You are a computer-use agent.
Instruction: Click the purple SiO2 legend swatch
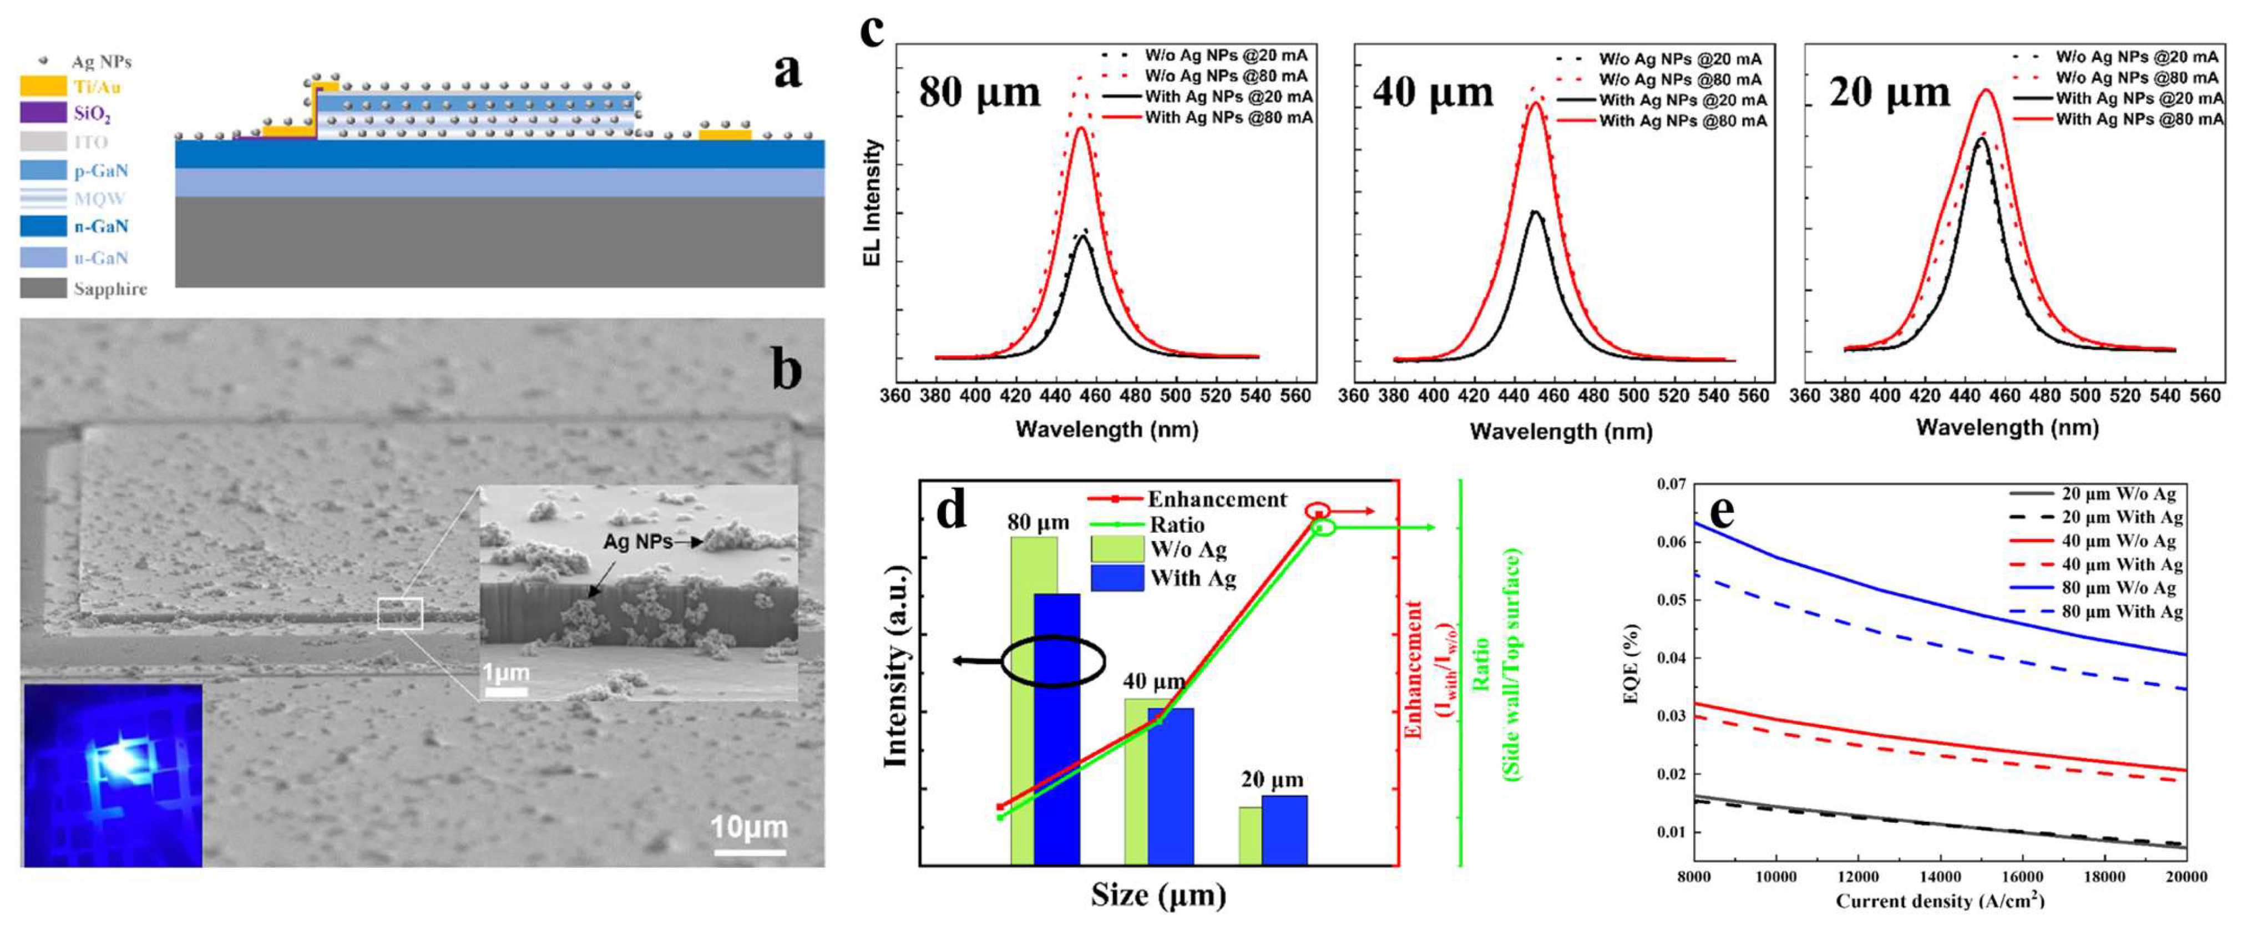pos(43,113)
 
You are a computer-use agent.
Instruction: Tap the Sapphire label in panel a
pos(110,289)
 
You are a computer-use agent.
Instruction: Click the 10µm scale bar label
pos(748,827)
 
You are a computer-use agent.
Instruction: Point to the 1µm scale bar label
pos(506,673)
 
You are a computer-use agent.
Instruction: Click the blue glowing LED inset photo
pos(113,775)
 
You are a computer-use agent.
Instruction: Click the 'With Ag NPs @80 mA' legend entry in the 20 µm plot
pos(2138,119)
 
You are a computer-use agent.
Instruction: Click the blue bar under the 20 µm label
pos(1284,830)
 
